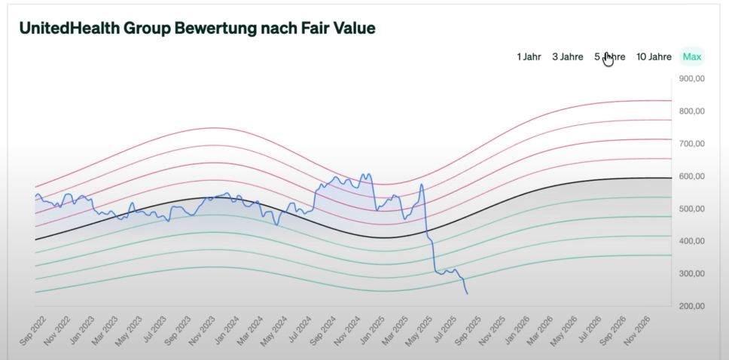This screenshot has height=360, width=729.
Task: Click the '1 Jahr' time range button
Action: click(529, 56)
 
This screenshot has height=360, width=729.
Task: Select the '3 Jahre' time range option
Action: click(567, 56)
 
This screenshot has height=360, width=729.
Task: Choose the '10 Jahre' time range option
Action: click(654, 56)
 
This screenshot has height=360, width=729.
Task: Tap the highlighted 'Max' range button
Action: click(691, 56)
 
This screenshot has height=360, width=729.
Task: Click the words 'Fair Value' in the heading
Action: click(337, 28)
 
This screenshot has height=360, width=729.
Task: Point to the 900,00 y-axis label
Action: click(691, 78)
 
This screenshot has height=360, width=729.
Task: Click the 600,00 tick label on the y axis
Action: click(691, 176)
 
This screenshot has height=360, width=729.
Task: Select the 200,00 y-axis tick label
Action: click(691, 307)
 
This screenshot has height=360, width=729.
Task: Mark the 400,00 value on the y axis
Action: click(691, 241)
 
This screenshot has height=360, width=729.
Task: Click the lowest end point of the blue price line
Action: click(468, 294)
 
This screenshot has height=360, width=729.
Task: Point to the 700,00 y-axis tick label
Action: click(691, 143)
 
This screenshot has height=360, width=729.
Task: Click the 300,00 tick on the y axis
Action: click(691, 273)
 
